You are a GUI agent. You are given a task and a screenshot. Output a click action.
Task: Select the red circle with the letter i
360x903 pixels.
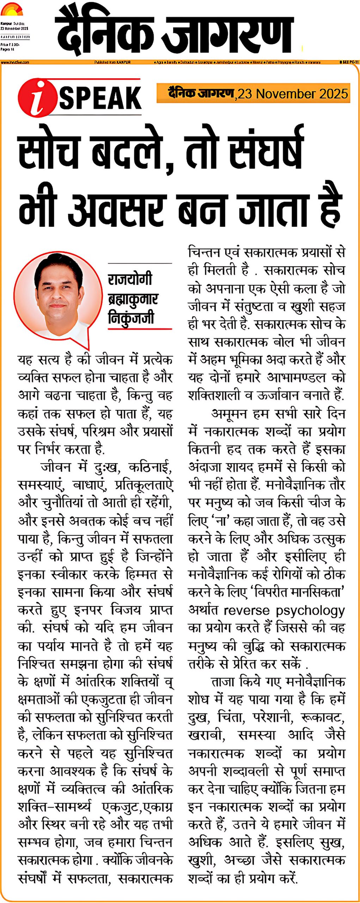pyautogui.click(x=37, y=98)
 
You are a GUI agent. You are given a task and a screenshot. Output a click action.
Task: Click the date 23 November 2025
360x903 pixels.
pyautogui.click(x=293, y=94)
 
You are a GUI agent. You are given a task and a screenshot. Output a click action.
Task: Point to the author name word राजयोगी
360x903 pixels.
pyautogui.click(x=130, y=279)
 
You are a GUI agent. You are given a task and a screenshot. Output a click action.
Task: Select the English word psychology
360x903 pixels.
pyautogui.click(x=310, y=611)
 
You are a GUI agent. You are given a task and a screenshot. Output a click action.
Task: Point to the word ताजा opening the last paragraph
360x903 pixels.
pyautogui.click(x=223, y=681)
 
